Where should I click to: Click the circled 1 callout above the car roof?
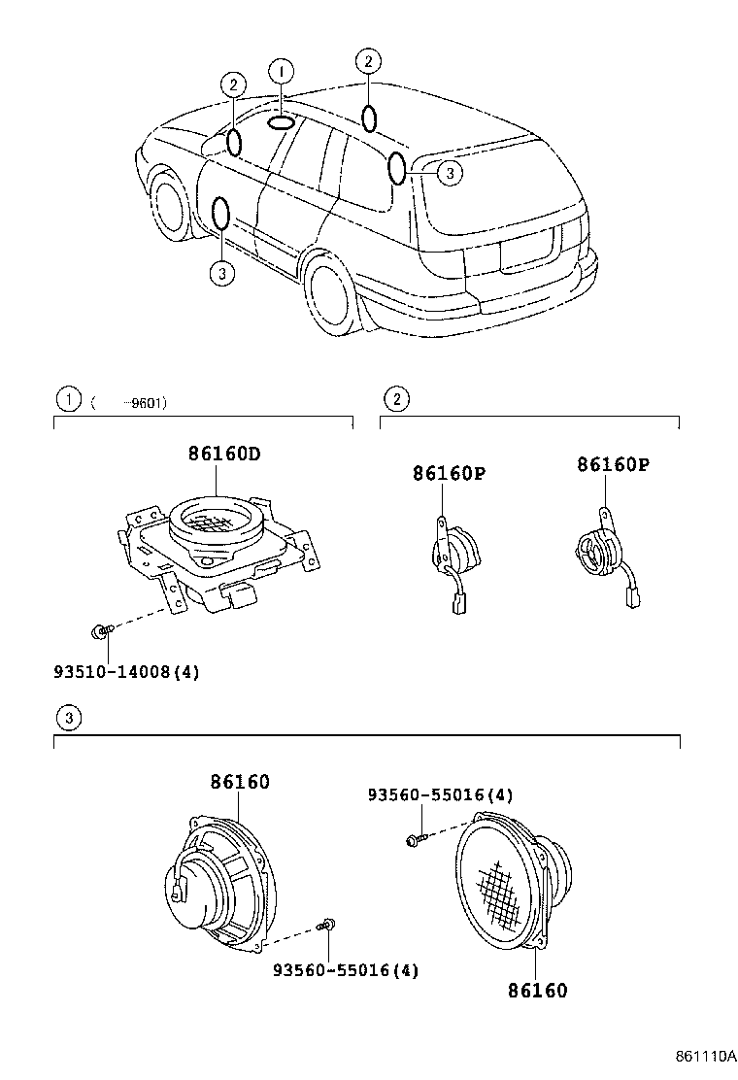280,71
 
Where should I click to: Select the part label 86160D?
224,454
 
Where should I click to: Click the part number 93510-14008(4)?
126,671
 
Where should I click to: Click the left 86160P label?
449,473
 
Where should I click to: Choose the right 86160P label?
613,464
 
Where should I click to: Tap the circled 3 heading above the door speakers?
67,719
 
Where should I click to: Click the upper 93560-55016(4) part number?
440,794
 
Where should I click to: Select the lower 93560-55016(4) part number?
346,969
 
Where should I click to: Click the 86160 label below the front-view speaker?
537,991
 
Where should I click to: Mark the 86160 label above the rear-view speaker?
240,782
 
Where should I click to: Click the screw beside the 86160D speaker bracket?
101,632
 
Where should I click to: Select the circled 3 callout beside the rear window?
449,173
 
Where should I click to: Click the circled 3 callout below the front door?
221,273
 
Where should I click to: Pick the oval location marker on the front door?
221,214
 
